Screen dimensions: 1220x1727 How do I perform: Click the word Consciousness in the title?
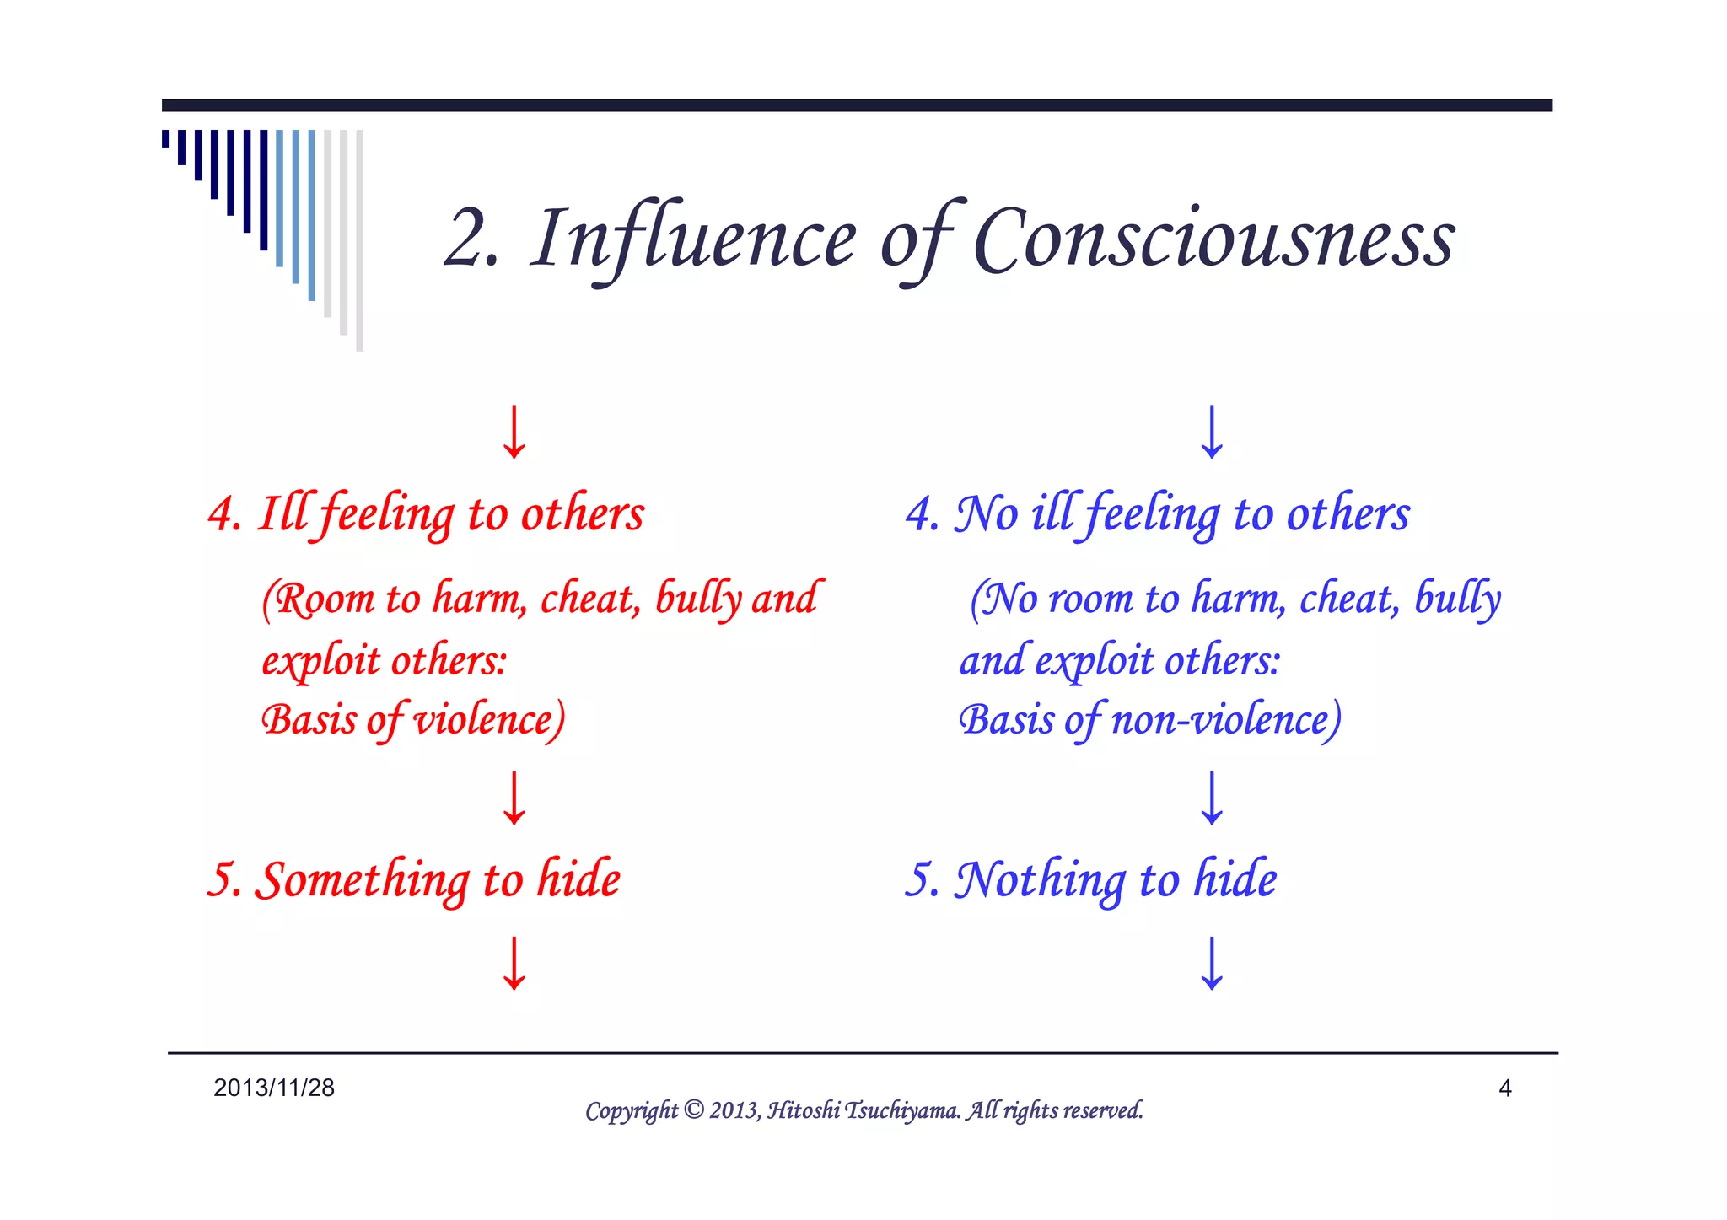(1213, 240)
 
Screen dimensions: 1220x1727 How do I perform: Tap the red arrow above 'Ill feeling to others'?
(514, 432)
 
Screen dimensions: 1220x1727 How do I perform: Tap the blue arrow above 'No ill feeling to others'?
(1212, 432)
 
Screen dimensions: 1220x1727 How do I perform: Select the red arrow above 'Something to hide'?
(514, 798)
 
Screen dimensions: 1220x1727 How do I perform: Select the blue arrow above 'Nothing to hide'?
(1212, 798)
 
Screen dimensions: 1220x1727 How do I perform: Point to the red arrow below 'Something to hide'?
(514, 963)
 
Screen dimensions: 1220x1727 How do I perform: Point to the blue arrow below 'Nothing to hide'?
(1212, 963)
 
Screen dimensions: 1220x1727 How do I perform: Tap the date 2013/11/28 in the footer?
(274, 1088)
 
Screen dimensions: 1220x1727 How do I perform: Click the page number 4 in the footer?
(1504, 1088)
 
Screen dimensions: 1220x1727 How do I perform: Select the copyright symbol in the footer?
(693, 1110)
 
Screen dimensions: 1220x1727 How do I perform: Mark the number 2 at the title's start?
(469, 240)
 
